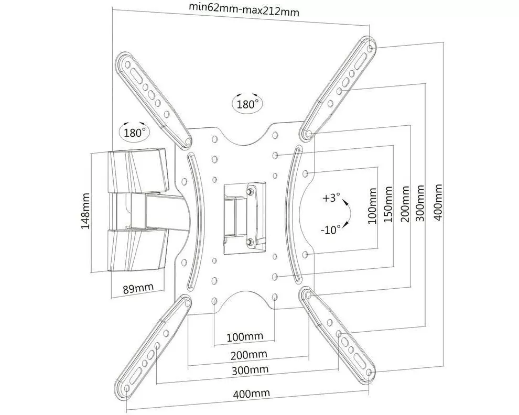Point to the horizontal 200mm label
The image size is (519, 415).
pyautogui.click(x=248, y=355)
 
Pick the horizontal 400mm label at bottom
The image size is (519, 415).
pyautogui.click(x=252, y=394)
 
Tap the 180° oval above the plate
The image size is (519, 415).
pyautogui.click(x=247, y=104)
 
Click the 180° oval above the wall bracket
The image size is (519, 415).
pyautogui.click(x=134, y=132)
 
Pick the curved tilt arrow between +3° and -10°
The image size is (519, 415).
pyautogui.click(x=347, y=214)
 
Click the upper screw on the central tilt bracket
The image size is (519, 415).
pyautogui.click(x=251, y=192)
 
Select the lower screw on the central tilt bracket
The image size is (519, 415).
pyautogui.click(x=251, y=241)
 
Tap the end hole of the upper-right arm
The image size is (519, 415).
pyautogui.click(x=371, y=48)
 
